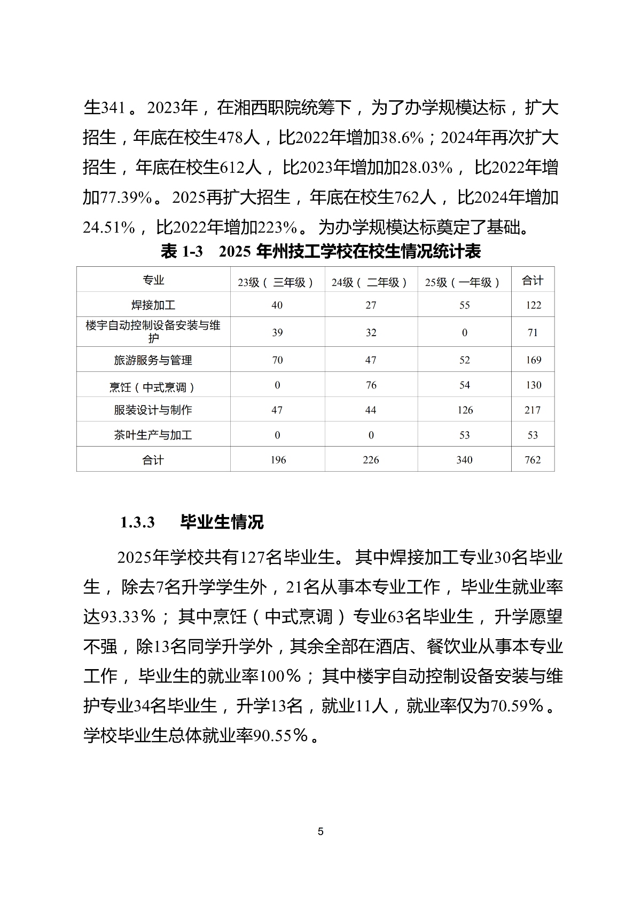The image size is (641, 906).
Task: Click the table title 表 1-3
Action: coord(182,251)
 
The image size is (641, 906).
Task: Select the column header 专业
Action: coord(153,280)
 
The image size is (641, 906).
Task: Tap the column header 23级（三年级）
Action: coord(276,282)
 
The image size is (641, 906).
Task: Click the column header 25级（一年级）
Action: coord(463,282)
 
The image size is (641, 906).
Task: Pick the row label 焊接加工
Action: coord(153,305)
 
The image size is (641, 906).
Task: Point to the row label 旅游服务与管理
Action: coord(153,360)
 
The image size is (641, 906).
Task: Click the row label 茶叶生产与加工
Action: coord(153,435)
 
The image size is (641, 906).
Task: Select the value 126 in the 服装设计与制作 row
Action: coord(465,410)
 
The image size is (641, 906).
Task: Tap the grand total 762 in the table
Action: coord(533,460)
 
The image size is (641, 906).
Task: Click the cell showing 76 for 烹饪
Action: coord(371,385)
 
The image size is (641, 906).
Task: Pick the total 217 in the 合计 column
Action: coord(533,410)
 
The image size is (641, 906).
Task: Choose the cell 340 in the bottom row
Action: coord(464,460)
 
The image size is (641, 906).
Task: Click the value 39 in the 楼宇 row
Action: coord(277,332)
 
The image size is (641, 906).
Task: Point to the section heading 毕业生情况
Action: coord(222,522)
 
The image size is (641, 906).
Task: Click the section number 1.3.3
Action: coord(137,522)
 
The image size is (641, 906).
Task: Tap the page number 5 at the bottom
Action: coord(320,831)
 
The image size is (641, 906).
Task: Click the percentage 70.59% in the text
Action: coord(517,706)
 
